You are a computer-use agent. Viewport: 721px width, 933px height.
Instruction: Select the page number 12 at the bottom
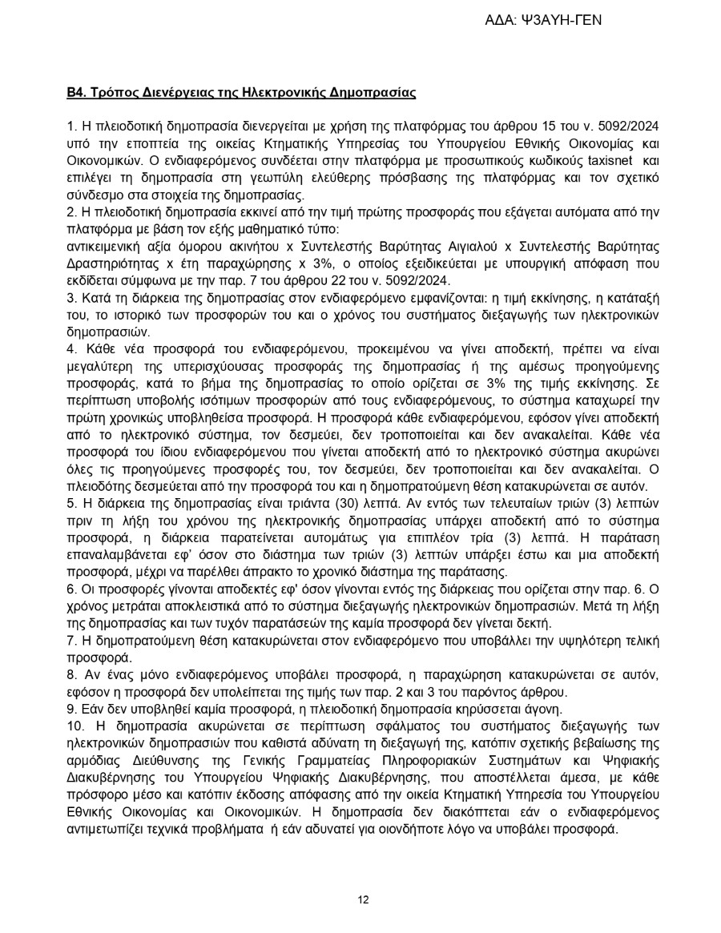click(x=363, y=899)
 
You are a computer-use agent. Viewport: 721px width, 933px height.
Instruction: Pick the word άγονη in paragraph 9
click(x=545, y=709)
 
